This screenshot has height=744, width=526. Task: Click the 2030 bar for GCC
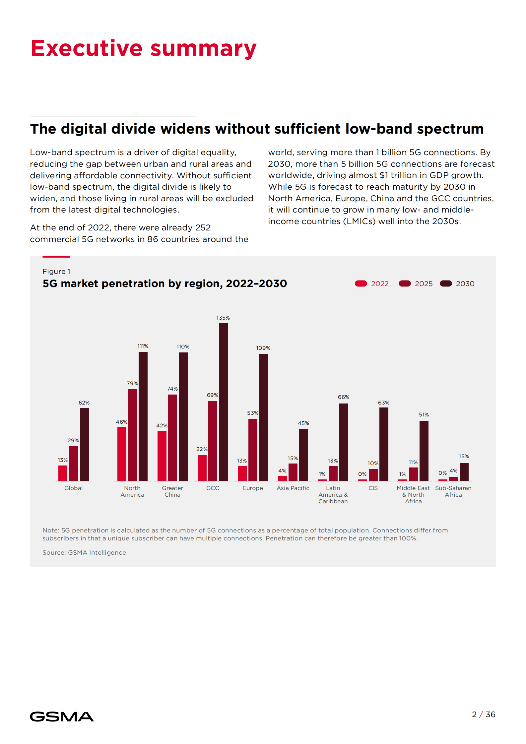click(x=223, y=402)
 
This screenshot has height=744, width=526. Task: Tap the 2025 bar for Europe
click(x=253, y=450)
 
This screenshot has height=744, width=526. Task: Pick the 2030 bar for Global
click(x=84, y=444)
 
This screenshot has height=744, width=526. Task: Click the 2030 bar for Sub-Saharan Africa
click(x=464, y=472)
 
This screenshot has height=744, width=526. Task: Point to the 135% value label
click(x=223, y=318)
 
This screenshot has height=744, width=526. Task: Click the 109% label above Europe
click(x=263, y=348)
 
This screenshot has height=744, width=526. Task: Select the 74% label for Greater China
click(x=172, y=389)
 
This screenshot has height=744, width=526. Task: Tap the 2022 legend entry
click(x=371, y=284)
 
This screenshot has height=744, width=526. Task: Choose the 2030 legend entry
click(x=457, y=284)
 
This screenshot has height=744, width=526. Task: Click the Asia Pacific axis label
click(x=293, y=488)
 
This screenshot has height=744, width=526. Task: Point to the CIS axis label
click(x=373, y=488)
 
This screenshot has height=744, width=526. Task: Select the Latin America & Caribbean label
click(x=333, y=495)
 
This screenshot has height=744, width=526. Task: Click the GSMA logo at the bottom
click(x=62, y=717)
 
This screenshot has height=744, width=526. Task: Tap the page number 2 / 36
click(x=484, y=714)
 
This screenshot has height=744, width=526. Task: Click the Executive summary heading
click(x=144, y=48)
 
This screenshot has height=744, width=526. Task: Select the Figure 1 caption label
click(x=56, y=272)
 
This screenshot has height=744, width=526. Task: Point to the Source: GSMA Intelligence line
click(x=84, y=553)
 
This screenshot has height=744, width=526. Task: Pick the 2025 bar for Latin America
click(x=333, y=473)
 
